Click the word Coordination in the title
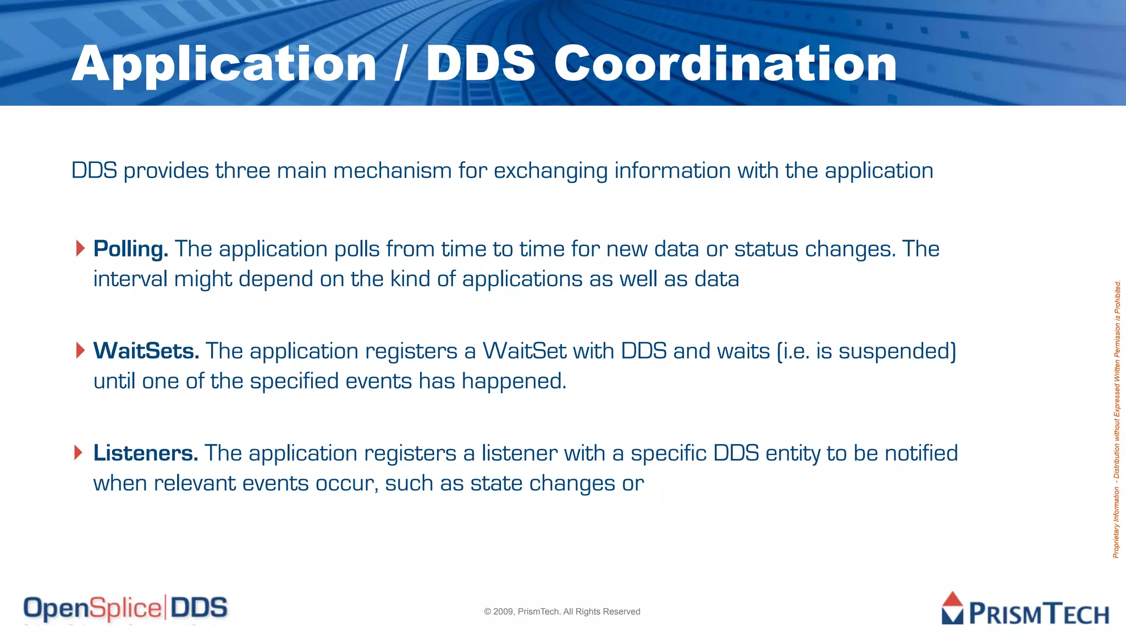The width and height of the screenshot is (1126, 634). [725, 64]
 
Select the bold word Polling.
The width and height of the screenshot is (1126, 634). [130, 249]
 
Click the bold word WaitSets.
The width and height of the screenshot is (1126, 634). [146, 351]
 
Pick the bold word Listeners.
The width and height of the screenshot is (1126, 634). [145, 453]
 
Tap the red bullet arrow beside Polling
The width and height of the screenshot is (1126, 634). [80, 248]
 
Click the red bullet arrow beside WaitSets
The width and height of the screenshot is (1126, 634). [80, 350]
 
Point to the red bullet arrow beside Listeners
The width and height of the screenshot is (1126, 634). [79, 452]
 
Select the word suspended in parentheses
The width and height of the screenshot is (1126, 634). [895, 351]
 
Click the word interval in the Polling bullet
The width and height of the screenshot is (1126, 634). [130, 279]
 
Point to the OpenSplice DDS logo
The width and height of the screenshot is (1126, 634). [125, 608]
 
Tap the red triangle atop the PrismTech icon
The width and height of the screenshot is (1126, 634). [952, 599]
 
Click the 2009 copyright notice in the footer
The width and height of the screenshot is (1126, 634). [562, 611]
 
